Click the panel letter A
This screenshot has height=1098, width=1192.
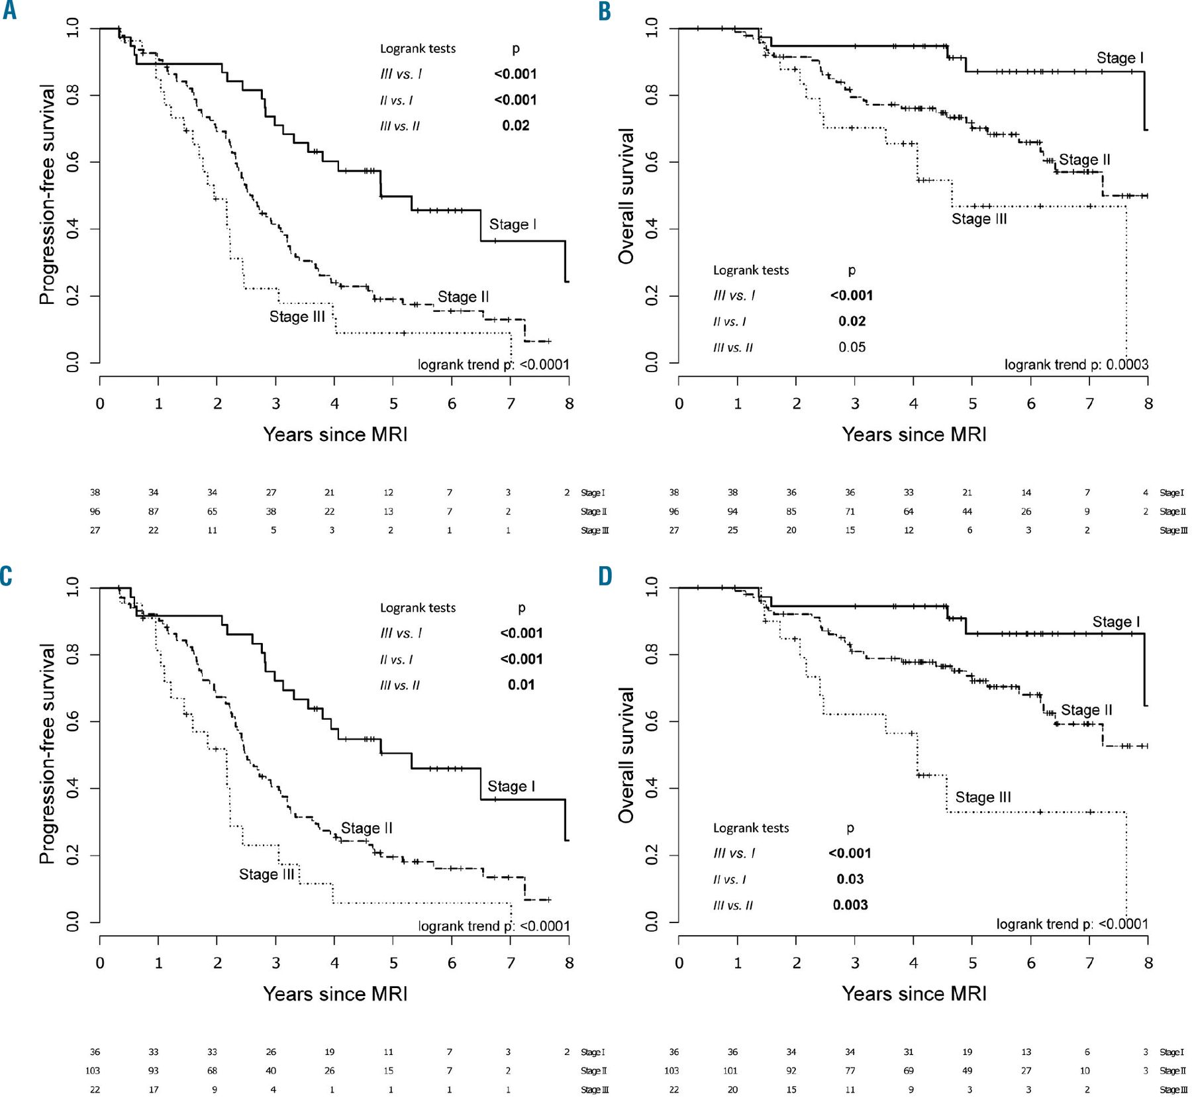(9, 11)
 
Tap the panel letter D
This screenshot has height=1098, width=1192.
(605, 576)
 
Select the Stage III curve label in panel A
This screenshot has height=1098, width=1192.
(297, 317)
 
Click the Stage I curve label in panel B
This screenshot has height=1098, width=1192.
(1120, 58)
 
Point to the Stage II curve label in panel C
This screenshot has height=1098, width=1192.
(366, 828)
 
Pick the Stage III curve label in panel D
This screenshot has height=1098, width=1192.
(983, 797)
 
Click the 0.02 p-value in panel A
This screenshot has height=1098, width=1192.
(515, 126)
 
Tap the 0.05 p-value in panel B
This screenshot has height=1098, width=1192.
(852, 347)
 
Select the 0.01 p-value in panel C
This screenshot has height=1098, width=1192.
(521, 685)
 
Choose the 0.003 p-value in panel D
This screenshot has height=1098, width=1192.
(850, 905)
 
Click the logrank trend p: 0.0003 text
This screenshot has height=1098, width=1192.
(1076, 364)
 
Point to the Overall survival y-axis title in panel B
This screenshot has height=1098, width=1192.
(626, 196)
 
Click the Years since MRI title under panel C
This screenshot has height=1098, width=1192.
(335, 993)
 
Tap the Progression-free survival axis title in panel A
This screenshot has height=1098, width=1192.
(47, 194)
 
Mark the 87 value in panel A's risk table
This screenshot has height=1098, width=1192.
(154, 511)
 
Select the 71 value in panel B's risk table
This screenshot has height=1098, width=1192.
(850, 511)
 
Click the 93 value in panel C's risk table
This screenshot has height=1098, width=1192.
(154, 1070)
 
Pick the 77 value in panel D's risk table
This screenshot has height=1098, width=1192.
(850, 1070)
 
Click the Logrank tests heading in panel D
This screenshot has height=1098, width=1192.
(751, 828)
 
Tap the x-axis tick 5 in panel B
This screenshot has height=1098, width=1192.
(972, 403)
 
